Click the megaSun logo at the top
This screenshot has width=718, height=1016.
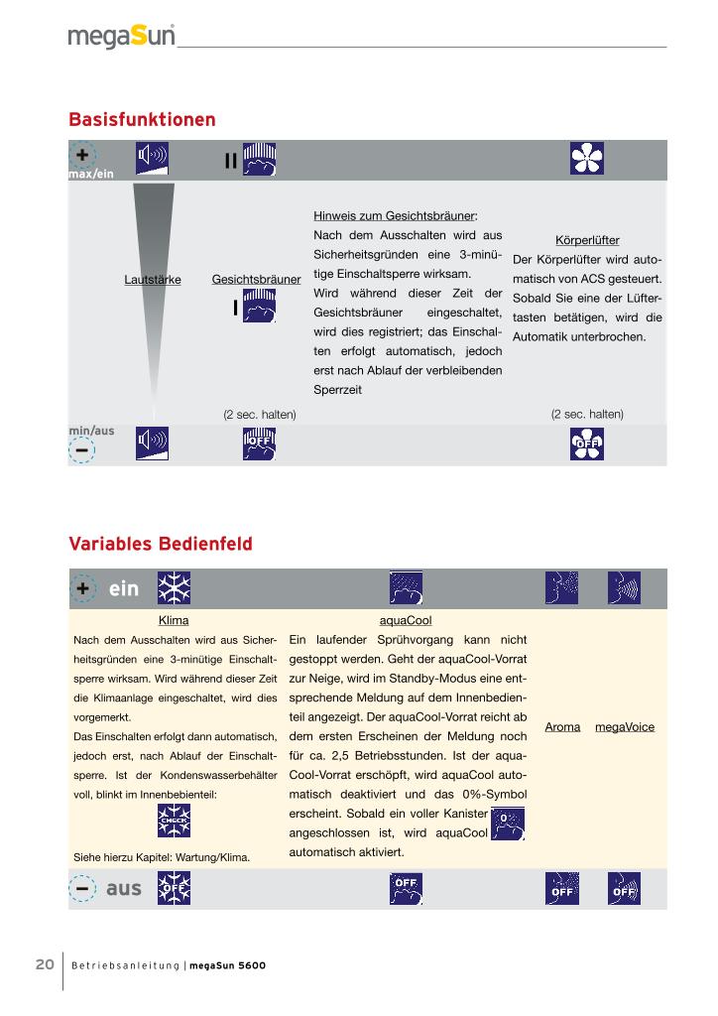[x=122, y=37]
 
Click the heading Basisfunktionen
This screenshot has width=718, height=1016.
[x=142, y=120]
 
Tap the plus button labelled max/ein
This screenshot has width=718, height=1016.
[x=81, y=156]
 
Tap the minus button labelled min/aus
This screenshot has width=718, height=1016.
[x=81, y=450]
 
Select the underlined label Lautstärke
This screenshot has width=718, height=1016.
[x=153, y=280]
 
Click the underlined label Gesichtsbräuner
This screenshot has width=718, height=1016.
[x=256, y=280]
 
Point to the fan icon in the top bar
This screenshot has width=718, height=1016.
[x=586, y=159]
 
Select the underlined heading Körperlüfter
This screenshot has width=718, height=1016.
[x=587, y=240]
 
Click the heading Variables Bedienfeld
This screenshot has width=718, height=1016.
[x=160, y=544]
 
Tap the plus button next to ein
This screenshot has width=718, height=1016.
[x=83, y=588]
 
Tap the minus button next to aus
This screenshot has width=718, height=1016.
[x=83, y=888]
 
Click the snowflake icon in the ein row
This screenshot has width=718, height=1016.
[x=175, y=589]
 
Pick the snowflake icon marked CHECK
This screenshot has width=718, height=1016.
[x=175, y=822]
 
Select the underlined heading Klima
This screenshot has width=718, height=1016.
[x=174, y=620]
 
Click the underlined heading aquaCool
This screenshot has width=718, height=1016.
[x=406, y=620]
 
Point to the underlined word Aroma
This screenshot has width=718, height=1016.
[x=562, y=727]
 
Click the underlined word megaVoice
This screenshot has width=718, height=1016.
[x=625, y=727]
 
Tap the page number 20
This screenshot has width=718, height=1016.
[x=45, y=964]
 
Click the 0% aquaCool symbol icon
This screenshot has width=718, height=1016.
[x=508, y=824]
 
